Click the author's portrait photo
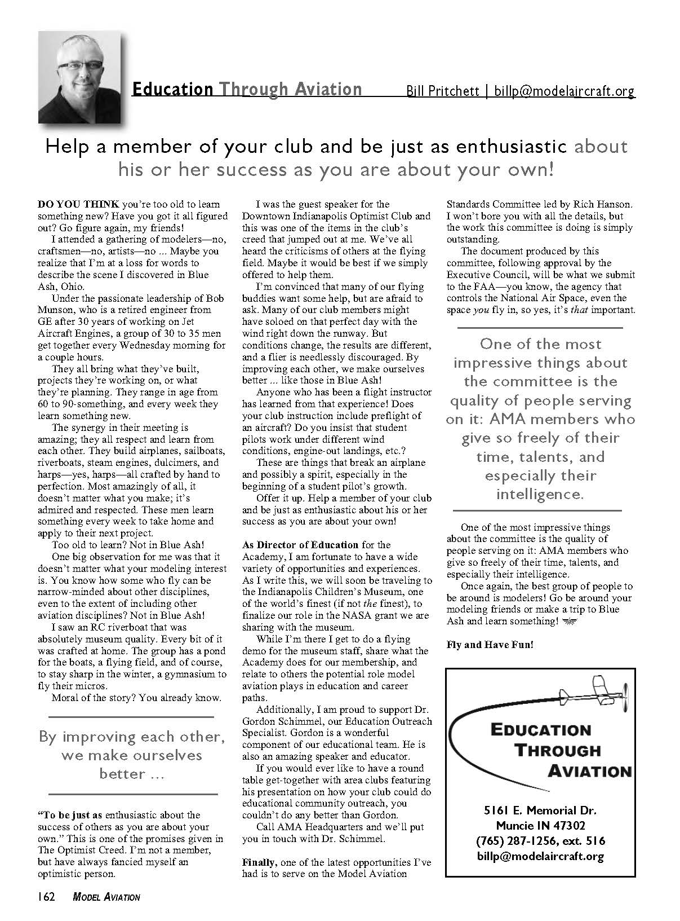coord(80,78)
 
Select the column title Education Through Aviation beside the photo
coord(246,90)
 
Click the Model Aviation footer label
coord(106,897)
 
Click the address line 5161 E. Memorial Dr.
coord(540,811)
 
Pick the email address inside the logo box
coord(540,856)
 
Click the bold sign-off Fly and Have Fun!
coord(489,644)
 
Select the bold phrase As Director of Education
coord(300,545)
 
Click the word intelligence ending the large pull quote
coord(539,495)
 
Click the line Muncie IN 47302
coord(540,826)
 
